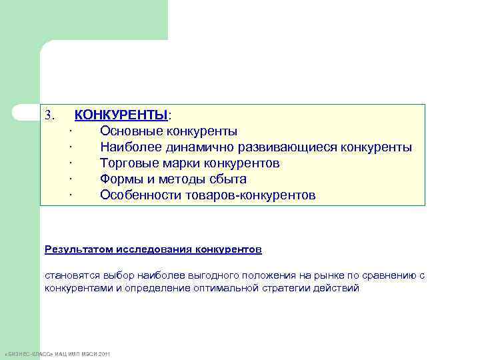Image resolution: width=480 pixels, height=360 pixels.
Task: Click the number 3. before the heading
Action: [x=49, y=115]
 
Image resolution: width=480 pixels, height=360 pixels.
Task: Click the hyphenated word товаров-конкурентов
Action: [x=253, y=195]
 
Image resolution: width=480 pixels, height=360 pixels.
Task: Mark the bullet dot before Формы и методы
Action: [x=70, y=179]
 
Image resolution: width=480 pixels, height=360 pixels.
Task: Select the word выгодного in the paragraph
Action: [x=213, y=275]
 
